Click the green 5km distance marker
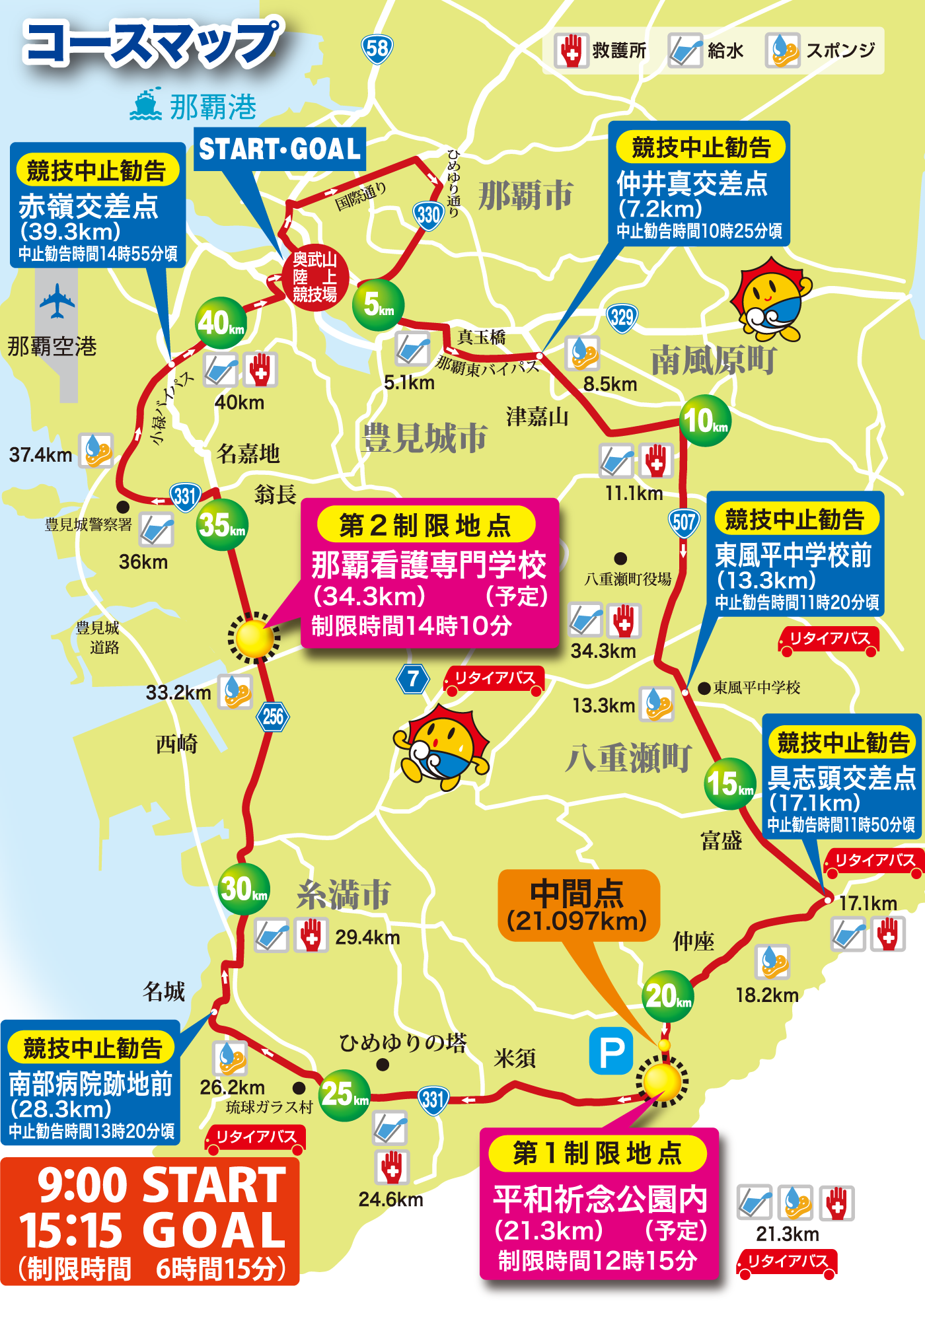378,304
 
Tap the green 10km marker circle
705,421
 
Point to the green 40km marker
221,323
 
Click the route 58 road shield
377,49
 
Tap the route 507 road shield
683,523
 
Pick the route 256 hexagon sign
273,716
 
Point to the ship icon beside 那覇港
146,105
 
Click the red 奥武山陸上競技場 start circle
314,277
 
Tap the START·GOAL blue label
280,149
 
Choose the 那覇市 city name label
525,196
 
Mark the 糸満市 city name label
344,895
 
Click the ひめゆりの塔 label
402,1042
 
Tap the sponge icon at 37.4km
96,450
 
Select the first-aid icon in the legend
571,51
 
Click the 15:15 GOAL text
152,1230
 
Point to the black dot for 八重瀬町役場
620,559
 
